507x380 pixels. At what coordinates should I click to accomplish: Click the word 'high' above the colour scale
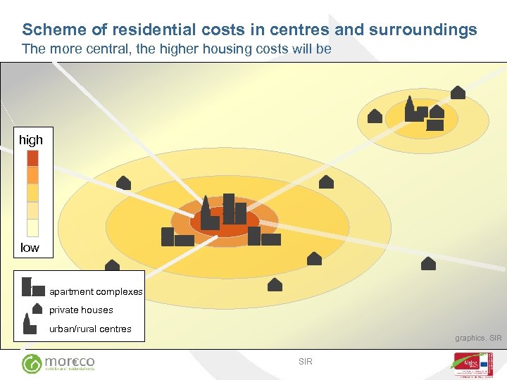point(31,140)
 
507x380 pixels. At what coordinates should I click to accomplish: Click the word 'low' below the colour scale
point(30,248)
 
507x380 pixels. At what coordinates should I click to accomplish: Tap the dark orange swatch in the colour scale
point(32,158)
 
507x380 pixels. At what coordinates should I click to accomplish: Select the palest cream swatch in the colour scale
point(32,227)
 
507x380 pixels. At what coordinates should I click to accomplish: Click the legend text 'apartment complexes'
point(96,292)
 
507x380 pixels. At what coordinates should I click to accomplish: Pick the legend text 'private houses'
point(81,310)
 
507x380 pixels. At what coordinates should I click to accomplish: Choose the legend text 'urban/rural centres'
point(90,329)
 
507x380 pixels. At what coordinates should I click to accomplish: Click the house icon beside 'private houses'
point(37,308)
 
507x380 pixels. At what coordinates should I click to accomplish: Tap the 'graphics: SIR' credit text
point(478,338)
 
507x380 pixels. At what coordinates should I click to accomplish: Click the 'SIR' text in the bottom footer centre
point(305,362)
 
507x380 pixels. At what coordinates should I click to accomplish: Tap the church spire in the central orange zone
point(206,205)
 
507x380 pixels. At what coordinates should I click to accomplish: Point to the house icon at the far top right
point(458,92)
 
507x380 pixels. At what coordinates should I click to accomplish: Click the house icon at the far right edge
point(428,264)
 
